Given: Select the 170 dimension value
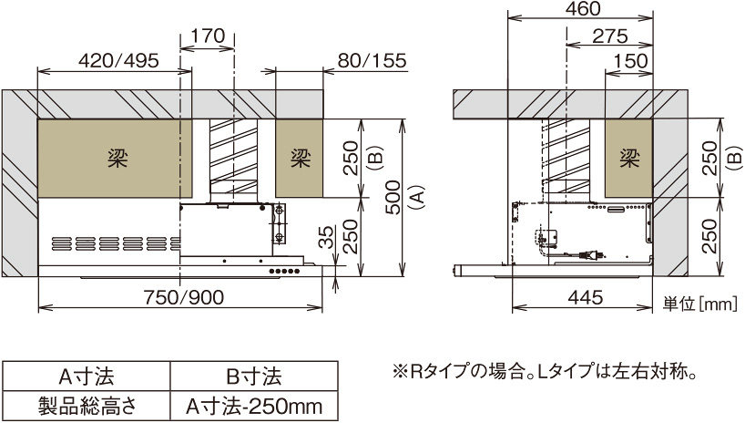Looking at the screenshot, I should point(209,37).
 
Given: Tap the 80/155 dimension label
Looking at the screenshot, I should point(372,61).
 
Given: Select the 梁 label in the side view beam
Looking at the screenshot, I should point(628,157).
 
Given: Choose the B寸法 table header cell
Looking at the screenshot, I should point(253,376).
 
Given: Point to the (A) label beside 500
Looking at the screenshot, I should point(415,197).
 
